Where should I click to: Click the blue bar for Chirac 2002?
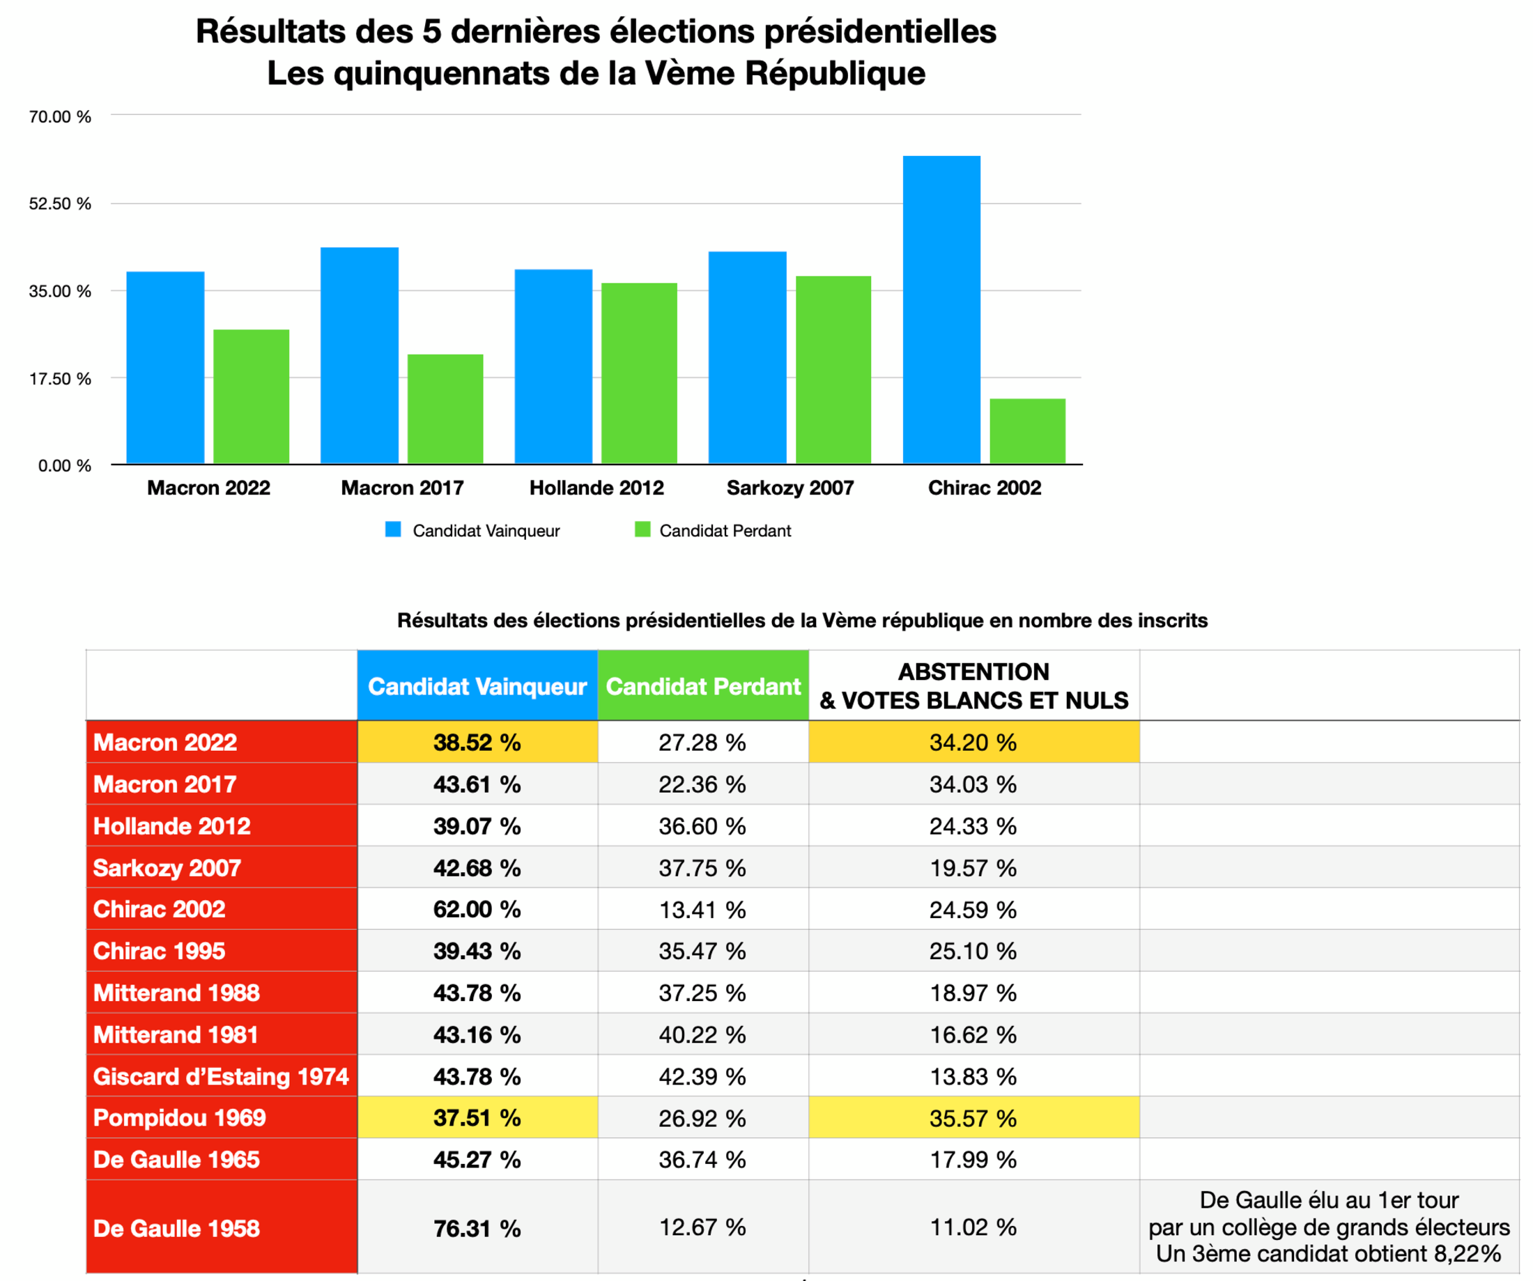(941, 309)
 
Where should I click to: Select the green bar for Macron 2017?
(445, 409)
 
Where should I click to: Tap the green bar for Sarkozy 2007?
(833, 369)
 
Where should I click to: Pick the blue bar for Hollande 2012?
(553, 366)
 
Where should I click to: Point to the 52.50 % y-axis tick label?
(60, 203)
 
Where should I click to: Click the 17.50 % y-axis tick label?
(60, 379)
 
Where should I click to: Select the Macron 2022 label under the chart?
(209, 488)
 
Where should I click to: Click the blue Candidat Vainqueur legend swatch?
(393, 530)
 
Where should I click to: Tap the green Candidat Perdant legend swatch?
(642, 530)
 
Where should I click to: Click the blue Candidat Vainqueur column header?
(477, 686)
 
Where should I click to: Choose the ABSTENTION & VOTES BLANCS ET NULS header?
(974, 686)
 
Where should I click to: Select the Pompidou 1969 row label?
(180, 1117)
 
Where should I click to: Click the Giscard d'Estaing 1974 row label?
(220, 1076)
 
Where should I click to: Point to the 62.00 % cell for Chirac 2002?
(477, 909)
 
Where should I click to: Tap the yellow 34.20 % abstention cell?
(974, 743)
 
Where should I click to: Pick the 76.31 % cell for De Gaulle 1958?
(477, 1228)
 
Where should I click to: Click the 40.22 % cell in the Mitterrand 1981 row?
(702, 1034)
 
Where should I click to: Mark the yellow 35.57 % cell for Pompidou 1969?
(974, 1117)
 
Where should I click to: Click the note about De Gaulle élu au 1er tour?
(1329, 1227)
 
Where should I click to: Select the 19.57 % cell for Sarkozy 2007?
(974, 868)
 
